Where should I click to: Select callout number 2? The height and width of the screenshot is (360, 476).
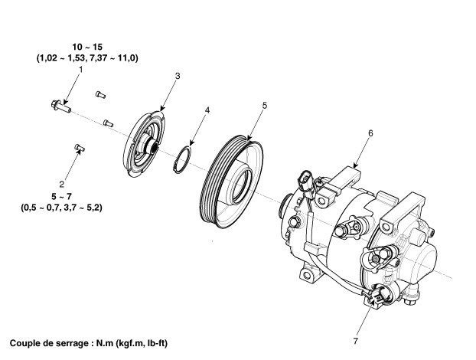[73, 184]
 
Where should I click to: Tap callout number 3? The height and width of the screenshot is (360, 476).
[177, 77]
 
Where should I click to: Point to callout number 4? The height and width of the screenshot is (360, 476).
[207, 110]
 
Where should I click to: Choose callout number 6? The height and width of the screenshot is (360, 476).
[370, 133]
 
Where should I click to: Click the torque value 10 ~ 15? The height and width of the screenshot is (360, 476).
[86, 47]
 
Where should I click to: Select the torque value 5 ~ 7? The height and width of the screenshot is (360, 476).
[73, 196]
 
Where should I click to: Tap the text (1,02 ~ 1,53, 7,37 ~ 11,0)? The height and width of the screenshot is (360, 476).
[86, 58]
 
